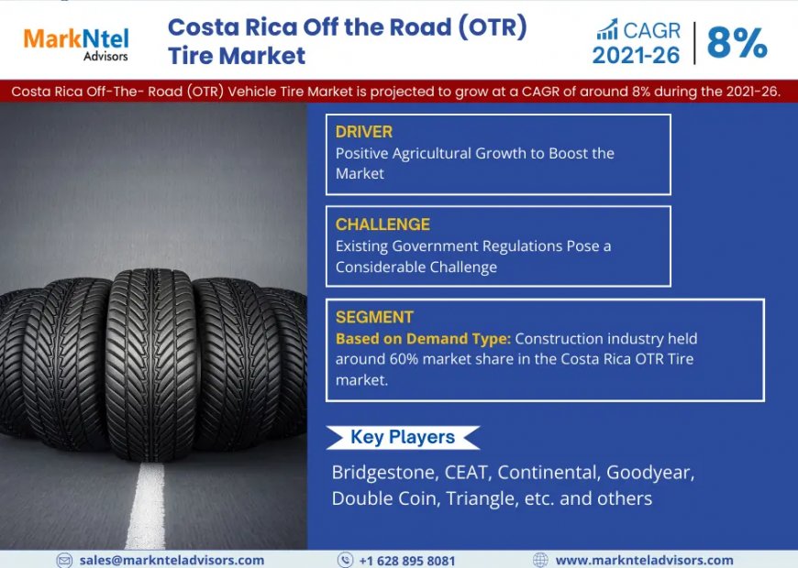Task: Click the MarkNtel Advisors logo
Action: [75, 42]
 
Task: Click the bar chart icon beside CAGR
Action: [607, 29]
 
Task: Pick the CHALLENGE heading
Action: [382, 224]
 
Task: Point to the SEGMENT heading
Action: [374, 318]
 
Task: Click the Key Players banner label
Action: [403, 437]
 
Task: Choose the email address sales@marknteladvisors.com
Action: [172, 560]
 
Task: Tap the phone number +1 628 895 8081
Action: [406, 560]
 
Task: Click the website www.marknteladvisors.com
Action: [644, 560]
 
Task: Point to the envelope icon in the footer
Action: [64, 560]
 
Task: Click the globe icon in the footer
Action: [540, 560]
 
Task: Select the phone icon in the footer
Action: [345, 560]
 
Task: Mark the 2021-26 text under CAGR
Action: [637, 56]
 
